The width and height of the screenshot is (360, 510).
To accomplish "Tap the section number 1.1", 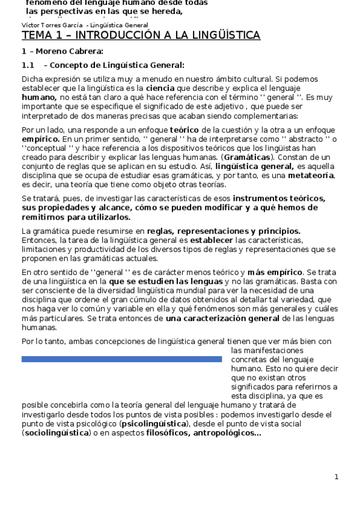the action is point(28,65).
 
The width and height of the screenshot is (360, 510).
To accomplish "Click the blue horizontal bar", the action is point(121,359).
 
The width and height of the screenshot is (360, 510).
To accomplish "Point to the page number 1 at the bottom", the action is point(337,477).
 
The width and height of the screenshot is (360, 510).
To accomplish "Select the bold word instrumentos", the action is point(261,198).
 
